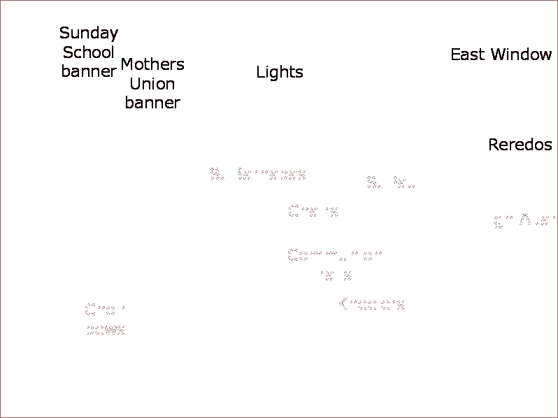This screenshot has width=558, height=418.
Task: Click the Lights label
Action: coord(279,72)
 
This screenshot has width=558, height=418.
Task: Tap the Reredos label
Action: coord(520,145)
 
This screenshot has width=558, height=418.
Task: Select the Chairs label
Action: coord(313,211)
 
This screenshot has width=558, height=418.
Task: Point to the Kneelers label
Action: coord(370,304)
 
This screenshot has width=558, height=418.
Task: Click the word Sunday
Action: coord(89,34)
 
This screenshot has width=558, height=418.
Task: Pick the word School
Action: coord(88,52)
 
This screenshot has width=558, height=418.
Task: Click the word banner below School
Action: coord(88,71)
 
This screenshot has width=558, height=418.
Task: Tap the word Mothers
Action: coord(152,64)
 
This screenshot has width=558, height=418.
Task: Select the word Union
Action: coord(152,84)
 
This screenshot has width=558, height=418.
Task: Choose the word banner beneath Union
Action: coord(152,103)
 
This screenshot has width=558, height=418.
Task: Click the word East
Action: coord(467,55)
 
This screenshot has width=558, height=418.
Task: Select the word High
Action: coord(495,220)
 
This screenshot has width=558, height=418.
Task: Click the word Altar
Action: coord(537,219)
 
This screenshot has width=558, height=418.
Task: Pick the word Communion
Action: coord(334,255)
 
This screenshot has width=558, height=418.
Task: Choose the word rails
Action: coord(334,275)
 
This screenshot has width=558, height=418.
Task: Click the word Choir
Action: coord(105,310)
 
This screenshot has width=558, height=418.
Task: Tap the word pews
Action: coord(105,329)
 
